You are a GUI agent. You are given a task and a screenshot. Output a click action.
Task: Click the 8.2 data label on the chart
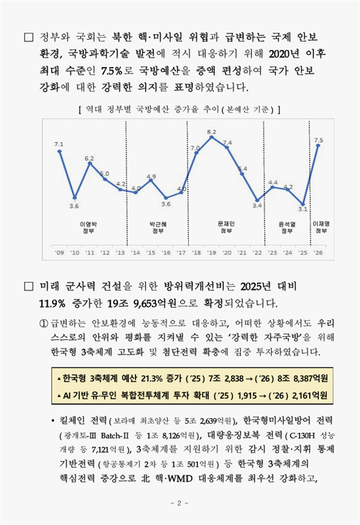click(x=212, y=132)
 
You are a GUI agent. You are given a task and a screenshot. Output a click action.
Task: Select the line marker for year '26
click(x=319, y=146)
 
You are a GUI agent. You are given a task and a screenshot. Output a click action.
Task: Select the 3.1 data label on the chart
click(x=303, y=209)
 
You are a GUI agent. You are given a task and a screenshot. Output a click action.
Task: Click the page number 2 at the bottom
click(x=179, y=503)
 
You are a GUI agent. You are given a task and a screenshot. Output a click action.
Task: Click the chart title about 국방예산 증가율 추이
click(x=179, y=108)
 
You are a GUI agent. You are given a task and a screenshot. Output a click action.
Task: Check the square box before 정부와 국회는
click(x=29, y=38)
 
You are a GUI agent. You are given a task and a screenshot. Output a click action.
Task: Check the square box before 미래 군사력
click(x=29, y=287)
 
